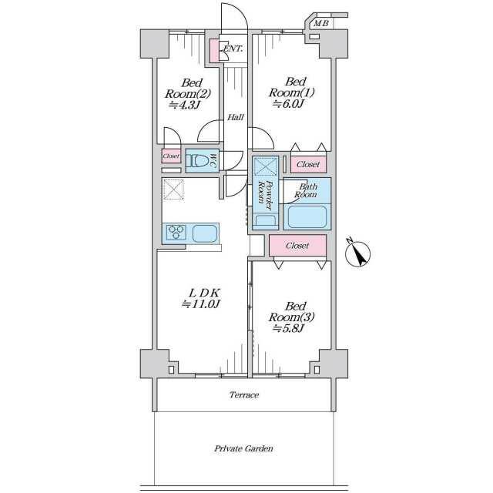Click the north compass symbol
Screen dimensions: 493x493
coord(357,253)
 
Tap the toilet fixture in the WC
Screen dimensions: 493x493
coord(197,161)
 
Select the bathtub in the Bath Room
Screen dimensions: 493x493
coord(307,217)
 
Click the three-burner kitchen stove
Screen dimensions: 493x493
coord(176,233)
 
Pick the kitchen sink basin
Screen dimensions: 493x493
coord(204,233)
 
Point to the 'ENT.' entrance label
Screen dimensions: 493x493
coord(233,49)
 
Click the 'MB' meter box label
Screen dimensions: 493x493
coord(322,23)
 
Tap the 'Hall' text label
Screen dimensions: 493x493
coord(236,117)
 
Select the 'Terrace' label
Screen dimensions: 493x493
coord(244,395)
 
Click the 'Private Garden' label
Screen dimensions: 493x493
coord(243,448)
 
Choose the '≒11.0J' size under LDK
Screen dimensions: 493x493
coord(201,304)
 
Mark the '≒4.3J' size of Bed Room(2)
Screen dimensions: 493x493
coord(184,105)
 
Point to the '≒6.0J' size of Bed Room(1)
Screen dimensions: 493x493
coord(288,104)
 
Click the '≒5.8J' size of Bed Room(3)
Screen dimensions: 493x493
coord(288,329)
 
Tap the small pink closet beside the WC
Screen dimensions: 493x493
coord(171,156)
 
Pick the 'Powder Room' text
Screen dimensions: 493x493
coord(265,195)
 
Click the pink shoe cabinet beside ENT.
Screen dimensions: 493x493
coord(214,50)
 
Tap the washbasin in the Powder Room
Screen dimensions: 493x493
coord(265,220)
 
